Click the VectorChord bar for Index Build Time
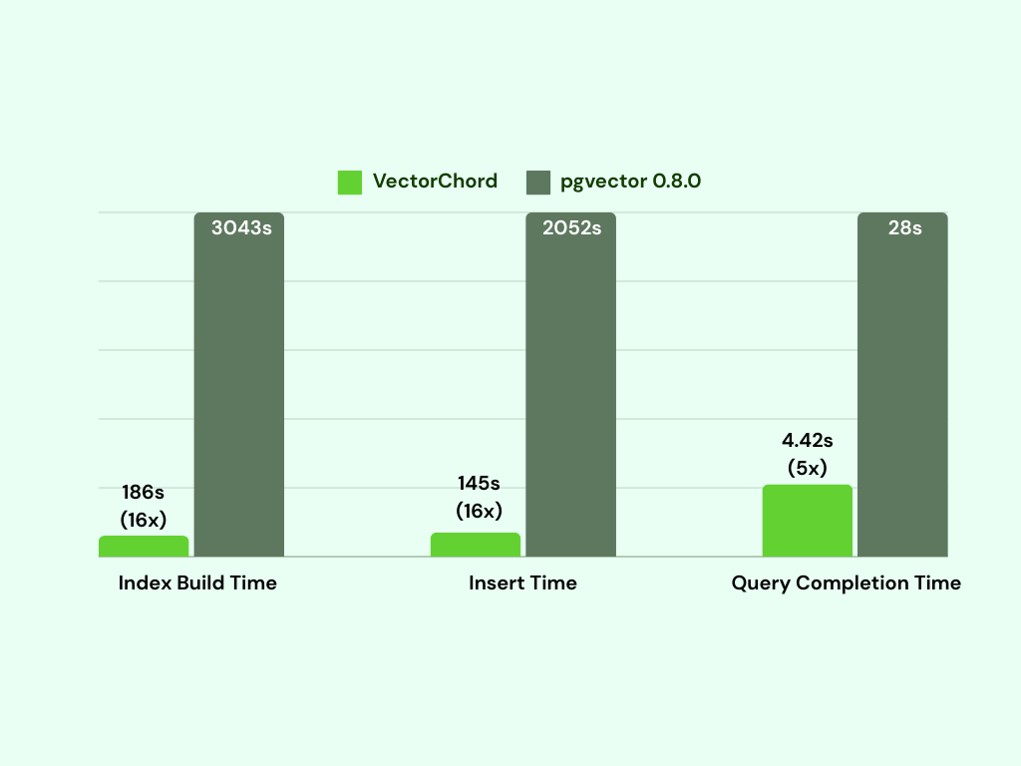coord(144,547)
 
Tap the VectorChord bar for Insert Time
coord(476,545)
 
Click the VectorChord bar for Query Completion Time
coord(808,521)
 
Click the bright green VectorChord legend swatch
coord(350,182)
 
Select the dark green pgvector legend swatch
coord(538,182)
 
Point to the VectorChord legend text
coord(435,182)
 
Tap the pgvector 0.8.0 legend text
coord(630,182)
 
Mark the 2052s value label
coord(571,227)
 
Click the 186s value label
coord(143,492)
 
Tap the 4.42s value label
coord(808,440)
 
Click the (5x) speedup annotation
coord(808,467)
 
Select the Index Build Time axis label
coord(197,583)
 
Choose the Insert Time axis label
coord(522,583)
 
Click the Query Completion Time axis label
coord(847,583)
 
